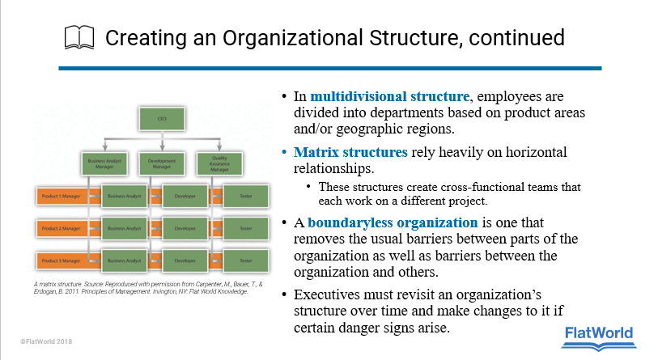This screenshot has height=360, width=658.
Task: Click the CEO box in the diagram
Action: (x=162, y=118)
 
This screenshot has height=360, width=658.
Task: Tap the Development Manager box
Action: (x=163, y=163)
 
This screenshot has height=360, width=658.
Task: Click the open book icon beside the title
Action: (x=78, y=37)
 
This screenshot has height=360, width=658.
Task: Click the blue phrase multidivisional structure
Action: (x=380, y=96)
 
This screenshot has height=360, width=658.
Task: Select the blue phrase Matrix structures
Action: (x=350, y=152)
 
